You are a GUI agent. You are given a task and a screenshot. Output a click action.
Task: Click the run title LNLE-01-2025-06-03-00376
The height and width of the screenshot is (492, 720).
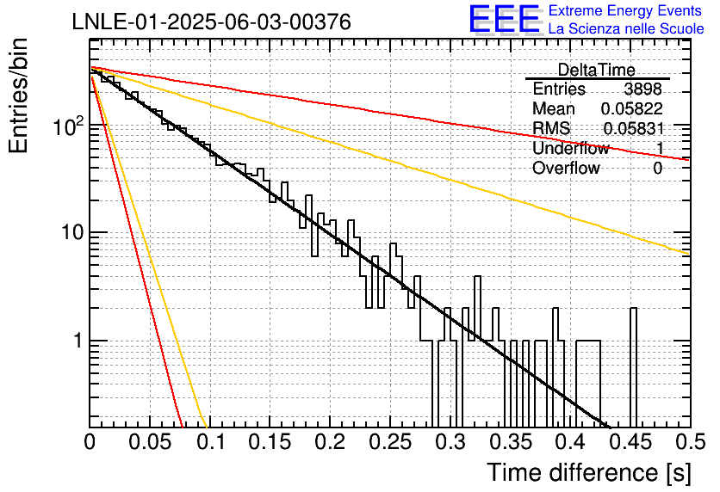click(x=212, y=22)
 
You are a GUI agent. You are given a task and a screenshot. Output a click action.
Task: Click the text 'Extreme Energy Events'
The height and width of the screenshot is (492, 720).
click(x=625, y=10)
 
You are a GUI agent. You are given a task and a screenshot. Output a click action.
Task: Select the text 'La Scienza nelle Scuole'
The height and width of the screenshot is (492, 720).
click(x=626, y=28)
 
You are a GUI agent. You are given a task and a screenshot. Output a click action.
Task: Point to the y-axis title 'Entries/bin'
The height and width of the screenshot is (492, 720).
click(x=18, y=95)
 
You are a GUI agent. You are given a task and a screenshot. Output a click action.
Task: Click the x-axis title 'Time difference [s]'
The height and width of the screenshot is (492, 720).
click(x=589, y=472)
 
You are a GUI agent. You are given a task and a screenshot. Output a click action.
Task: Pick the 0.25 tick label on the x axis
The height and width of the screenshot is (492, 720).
click(x=390, y=442)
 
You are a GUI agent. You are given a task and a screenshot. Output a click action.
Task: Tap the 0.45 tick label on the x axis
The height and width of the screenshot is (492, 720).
click(x=630, y=442)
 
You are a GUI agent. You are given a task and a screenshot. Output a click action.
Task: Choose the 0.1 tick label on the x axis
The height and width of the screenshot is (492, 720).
click(x=211, y=442)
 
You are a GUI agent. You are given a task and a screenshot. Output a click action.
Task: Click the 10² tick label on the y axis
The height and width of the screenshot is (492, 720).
click(x=68, y=126)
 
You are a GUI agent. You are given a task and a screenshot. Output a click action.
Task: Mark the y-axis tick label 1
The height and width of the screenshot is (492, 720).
click(x=78, y=341)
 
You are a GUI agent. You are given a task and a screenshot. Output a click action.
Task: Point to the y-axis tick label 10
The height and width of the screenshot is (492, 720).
click(x=72, y=233)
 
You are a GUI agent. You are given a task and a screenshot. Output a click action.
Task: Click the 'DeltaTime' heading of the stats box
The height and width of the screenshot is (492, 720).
click(x=597, y=70)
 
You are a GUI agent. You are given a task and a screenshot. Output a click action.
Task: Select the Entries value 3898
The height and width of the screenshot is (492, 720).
click(x=642, y=89)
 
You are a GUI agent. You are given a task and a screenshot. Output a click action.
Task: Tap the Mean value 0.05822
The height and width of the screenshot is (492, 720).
click(x=632, y=108)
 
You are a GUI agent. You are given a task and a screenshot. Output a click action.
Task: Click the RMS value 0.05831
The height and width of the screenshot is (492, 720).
click(x=634, y=128)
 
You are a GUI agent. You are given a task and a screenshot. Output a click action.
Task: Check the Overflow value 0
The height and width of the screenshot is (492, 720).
click(x=657, y=169)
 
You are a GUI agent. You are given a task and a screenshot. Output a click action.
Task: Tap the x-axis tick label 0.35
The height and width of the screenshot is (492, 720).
click(x=510, y=442)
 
